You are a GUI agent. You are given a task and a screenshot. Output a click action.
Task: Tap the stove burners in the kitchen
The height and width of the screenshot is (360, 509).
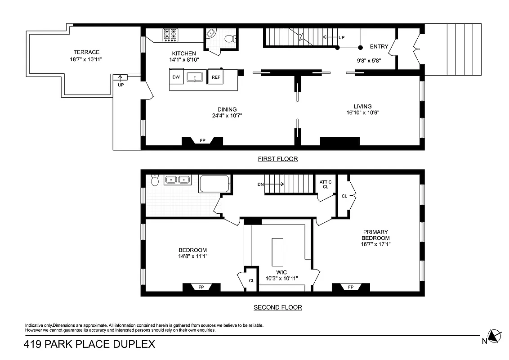170,35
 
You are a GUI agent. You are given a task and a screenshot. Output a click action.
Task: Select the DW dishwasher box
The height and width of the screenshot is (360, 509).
176,77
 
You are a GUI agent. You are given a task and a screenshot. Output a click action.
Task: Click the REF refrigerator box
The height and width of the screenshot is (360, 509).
216,77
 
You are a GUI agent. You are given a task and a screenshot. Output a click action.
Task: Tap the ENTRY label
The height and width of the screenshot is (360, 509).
379,47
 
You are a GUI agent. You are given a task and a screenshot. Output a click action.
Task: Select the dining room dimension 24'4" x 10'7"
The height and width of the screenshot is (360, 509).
227,116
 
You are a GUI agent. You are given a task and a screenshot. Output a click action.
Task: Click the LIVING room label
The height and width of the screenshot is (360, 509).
362,106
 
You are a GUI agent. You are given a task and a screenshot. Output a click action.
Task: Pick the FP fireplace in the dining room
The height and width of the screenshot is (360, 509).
202,140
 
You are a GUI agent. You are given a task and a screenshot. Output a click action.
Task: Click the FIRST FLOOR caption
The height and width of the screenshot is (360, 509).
277,159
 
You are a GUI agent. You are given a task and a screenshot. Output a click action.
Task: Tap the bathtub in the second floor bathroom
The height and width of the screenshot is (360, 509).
214,184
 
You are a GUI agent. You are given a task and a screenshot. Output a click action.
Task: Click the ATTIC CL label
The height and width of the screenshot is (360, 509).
326,184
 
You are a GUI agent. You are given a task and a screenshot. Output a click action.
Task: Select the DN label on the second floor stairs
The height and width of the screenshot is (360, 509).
260,184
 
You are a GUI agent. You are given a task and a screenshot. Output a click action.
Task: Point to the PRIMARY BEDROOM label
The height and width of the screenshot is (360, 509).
376,235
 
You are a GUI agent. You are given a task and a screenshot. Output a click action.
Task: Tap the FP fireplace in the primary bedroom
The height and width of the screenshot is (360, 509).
350,287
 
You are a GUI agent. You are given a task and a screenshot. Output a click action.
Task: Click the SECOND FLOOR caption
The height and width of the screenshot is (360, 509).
277,308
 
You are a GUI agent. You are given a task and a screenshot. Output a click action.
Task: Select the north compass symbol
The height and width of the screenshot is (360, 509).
495,336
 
